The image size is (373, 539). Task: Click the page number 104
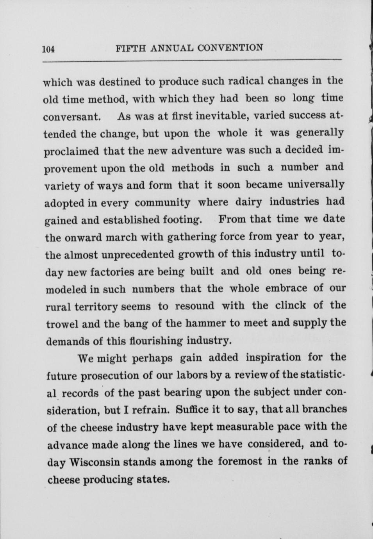[x=48, y=49]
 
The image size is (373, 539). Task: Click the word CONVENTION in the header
[x=230, y=48]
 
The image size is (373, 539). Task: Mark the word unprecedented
[x=138, y=254]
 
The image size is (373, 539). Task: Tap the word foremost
[x=239, y=461]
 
